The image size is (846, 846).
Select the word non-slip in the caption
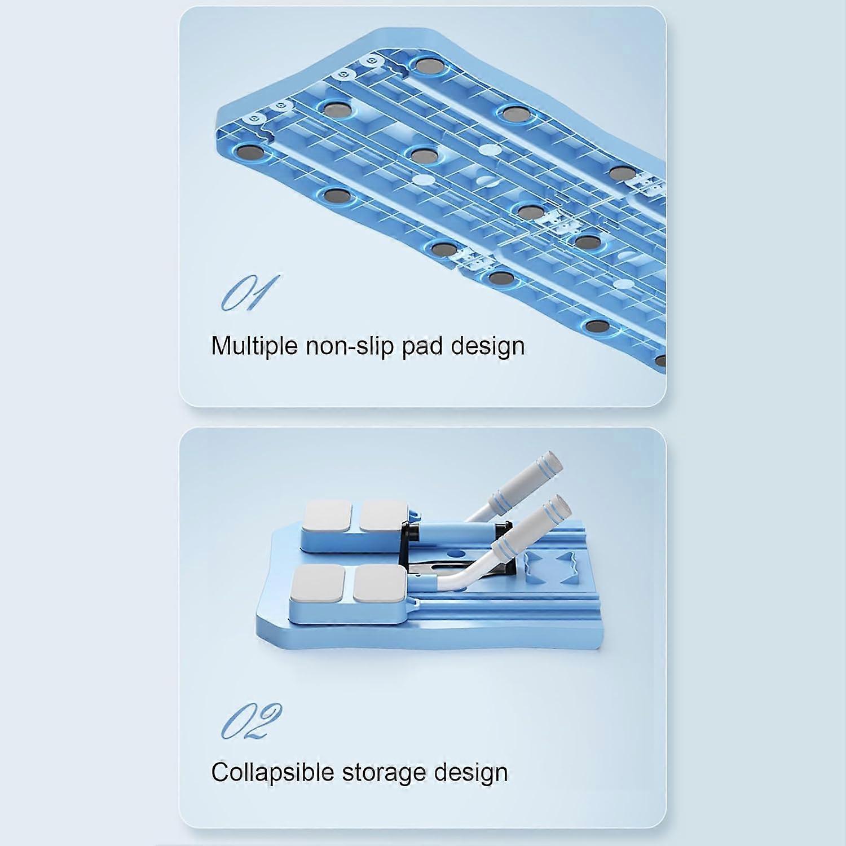pos(350,346)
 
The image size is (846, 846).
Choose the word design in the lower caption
pos(470,772)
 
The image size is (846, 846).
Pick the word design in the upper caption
pos(488,346)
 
